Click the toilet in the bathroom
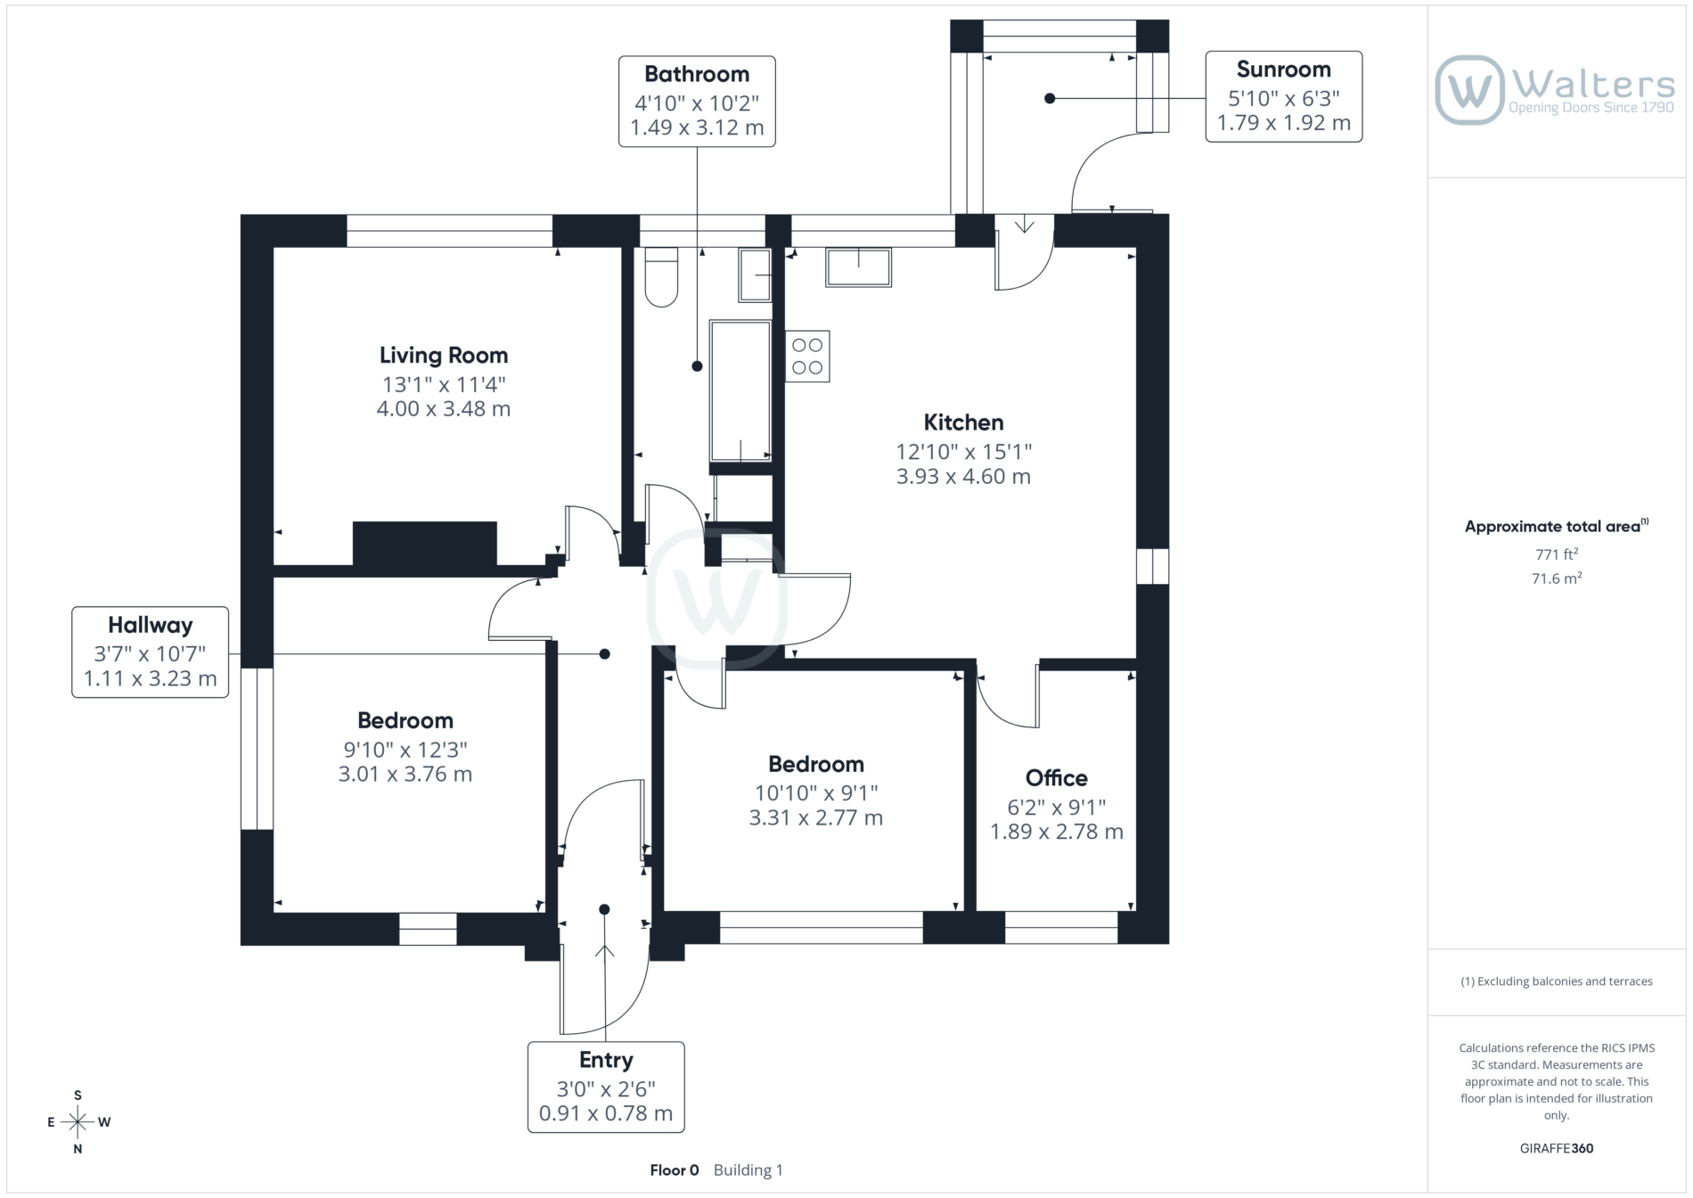point(661,277)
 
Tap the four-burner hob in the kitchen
point(807,357)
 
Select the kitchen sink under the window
point(858,267)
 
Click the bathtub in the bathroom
point(740,391)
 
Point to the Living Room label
point(444,355)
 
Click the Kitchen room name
point(963,422)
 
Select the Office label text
point(1057,777)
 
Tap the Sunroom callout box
point(1284,96)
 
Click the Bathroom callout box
point(697,101)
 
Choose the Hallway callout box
point(151,652)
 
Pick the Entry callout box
point(606,1087)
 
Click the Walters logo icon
point(1469,90)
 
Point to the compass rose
point(78,1122)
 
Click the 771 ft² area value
point(1557,554)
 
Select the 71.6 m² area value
point(1557,578)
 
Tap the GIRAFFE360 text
point(1557,1148)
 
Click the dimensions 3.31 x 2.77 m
point(816,817)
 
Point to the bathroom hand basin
point(756,275)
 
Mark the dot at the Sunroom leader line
point(1050,98)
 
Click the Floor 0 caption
point(675,1169)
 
